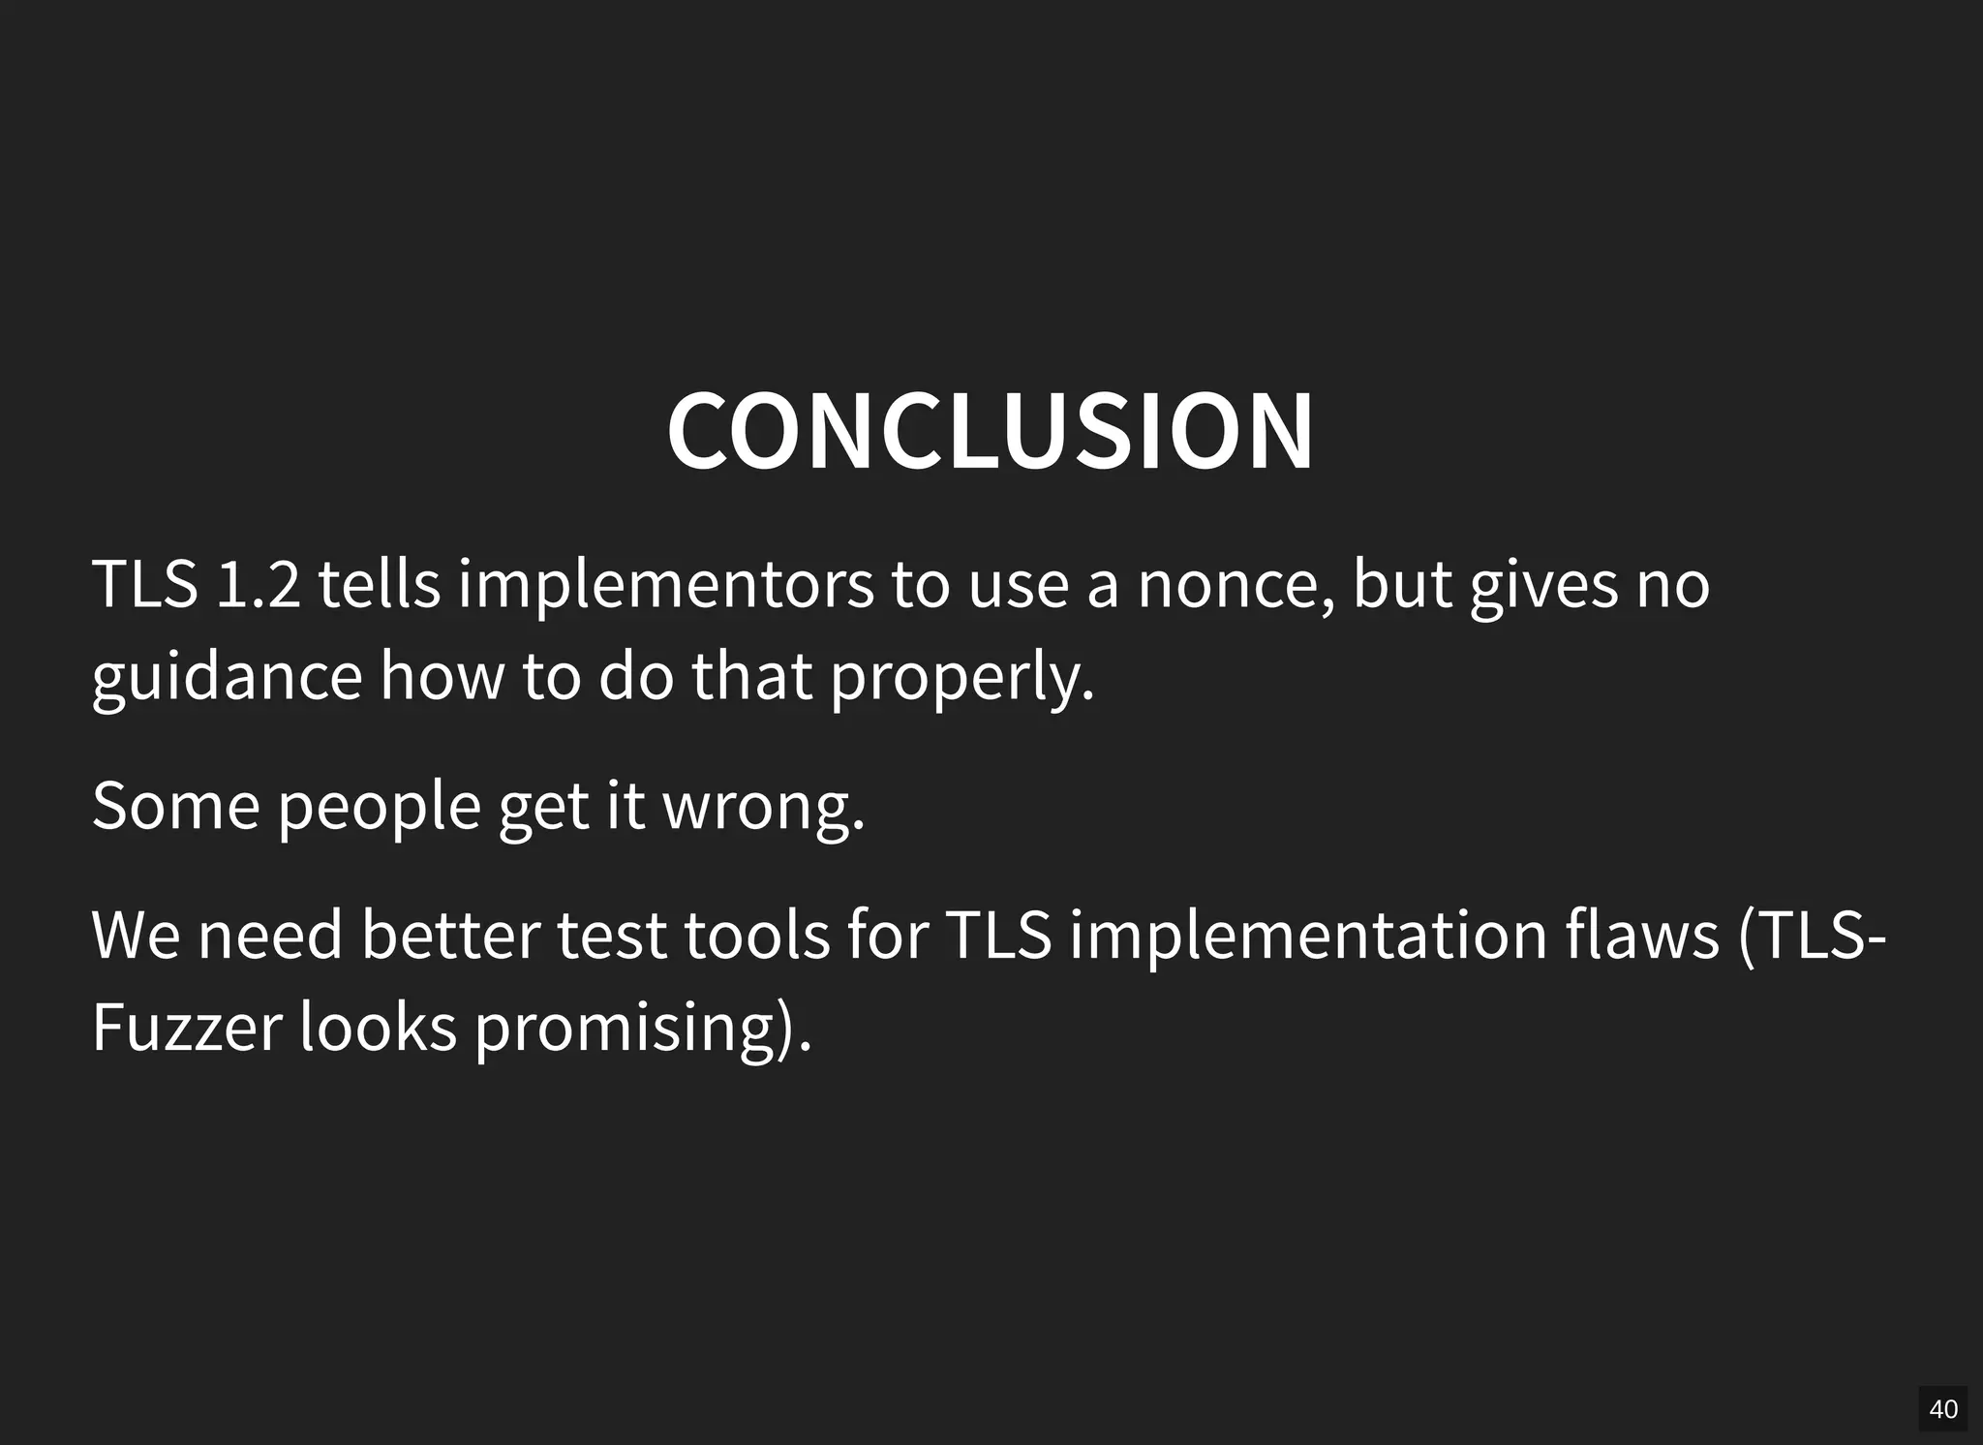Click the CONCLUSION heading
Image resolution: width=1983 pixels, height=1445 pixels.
coord(990,431)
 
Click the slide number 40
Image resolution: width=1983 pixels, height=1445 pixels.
coord(1942,1409)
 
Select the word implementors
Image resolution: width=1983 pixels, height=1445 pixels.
coord(665,586)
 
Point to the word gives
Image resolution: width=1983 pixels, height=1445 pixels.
coord(1543,586)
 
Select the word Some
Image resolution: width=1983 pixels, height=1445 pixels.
coord(175,806)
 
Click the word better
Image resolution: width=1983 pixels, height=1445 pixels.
coord(450,936)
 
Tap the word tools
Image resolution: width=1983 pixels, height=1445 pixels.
coord(756,936)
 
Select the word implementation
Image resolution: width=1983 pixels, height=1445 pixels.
coord(1308,936)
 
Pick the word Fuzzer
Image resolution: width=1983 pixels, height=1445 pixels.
coord(187,1028)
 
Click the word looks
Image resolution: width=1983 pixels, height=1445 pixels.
coord(378,1028)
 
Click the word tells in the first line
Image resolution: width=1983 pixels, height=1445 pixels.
coord(380,584)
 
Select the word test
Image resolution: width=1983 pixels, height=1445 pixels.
coord(611,936)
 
